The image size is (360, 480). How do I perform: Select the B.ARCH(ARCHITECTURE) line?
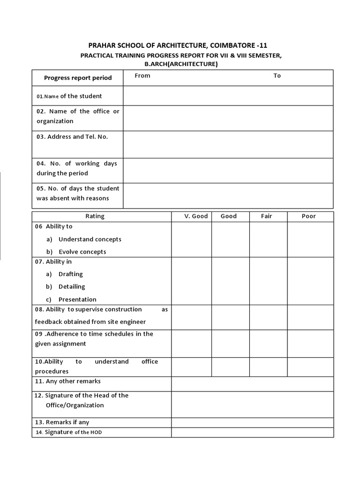point(181,64)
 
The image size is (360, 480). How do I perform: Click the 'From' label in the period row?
point(142,75)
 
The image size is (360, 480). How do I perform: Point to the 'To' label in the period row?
point(277,75)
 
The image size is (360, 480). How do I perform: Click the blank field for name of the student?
point(228,96)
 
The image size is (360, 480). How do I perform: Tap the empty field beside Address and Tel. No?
point(228,144)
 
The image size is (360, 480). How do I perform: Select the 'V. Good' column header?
point(191,216)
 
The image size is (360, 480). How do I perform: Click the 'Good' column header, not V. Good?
point(229,216)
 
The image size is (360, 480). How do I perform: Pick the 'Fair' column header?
point(267,216)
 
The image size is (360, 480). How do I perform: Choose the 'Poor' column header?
point(309,216)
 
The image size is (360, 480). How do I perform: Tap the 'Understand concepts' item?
point(90,239)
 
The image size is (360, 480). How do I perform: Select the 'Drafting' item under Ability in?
point(70,274)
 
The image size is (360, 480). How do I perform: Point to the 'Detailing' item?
point(72,286)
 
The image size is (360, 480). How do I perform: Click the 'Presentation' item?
point(77,299)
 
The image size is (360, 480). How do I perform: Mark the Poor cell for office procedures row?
point(310,367)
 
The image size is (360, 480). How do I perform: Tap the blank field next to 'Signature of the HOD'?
point(252,432)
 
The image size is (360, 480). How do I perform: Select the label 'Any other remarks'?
point(73,381)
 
